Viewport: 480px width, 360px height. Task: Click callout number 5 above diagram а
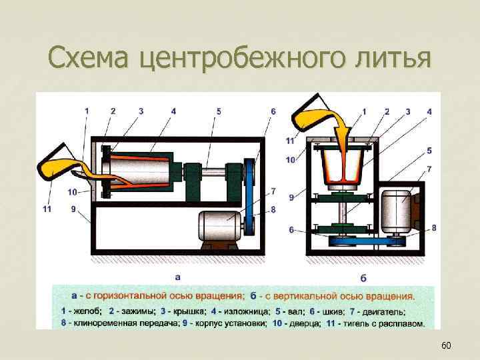coord(219,111)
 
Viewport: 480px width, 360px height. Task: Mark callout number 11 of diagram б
coord(290,141)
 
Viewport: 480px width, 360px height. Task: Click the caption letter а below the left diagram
coord(177,275)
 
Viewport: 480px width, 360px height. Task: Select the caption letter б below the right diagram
coord(363,276)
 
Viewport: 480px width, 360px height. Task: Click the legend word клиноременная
coord(103,324)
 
